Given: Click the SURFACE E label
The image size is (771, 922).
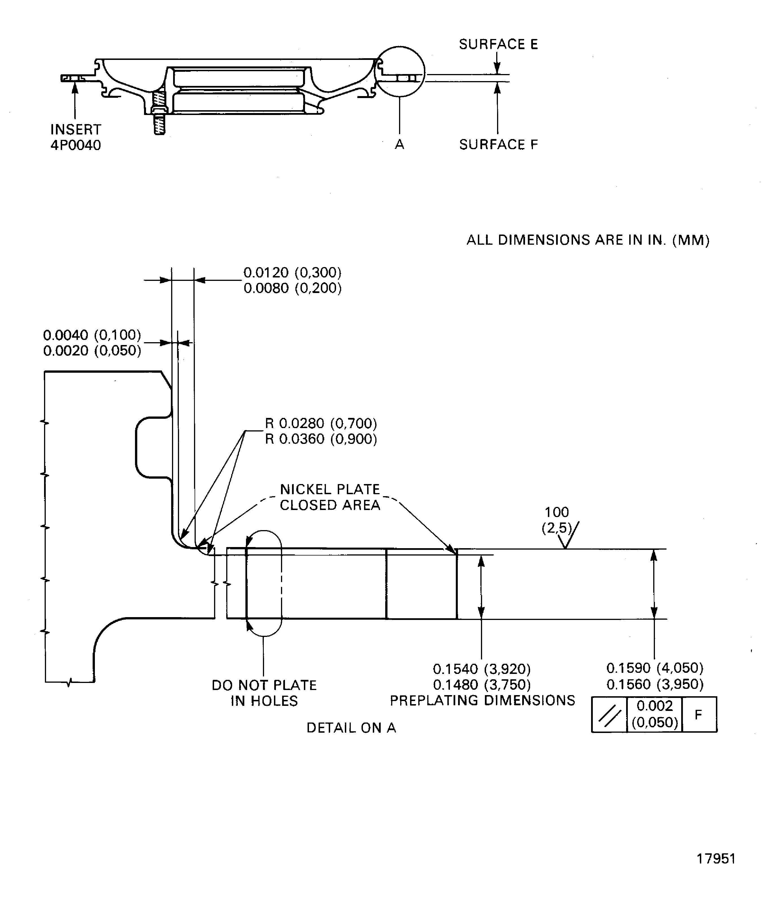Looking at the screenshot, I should pyautogui.click(x=498, y=44).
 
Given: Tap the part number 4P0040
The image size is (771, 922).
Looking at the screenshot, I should pyautogui.click(x=75, y=145).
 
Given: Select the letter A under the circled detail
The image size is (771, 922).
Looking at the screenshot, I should pyautogui.click(x=399, y=144).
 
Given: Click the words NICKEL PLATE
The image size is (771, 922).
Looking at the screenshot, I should pyautogui.click(x=330, y=489).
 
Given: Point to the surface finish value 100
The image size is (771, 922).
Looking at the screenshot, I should pyautogui.click(x=556, y=512).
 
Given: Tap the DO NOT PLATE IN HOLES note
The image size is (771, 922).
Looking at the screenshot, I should pyautogui.click(x=264, y=693).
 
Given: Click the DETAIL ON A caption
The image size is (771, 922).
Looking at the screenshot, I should pyautogui.click(x=351, y=728).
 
